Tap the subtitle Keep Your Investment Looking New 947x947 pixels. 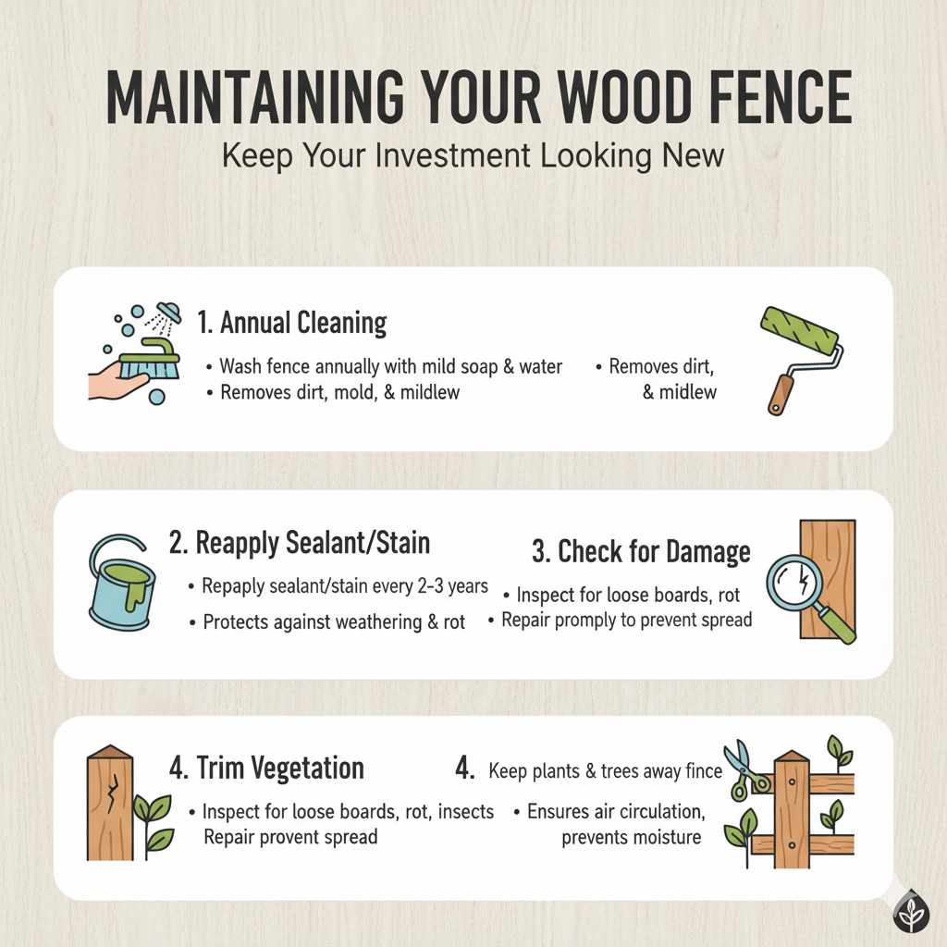point(473,154)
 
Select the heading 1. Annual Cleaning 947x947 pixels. point(292,323)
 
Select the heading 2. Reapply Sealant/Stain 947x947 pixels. point(300,543)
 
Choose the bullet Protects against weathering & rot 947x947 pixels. point(334,622)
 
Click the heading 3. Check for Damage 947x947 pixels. point(641,552)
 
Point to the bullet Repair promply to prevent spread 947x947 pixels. point(625,621)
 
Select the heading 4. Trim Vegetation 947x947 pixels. point(266,768)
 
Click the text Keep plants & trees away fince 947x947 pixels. point(605,770)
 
